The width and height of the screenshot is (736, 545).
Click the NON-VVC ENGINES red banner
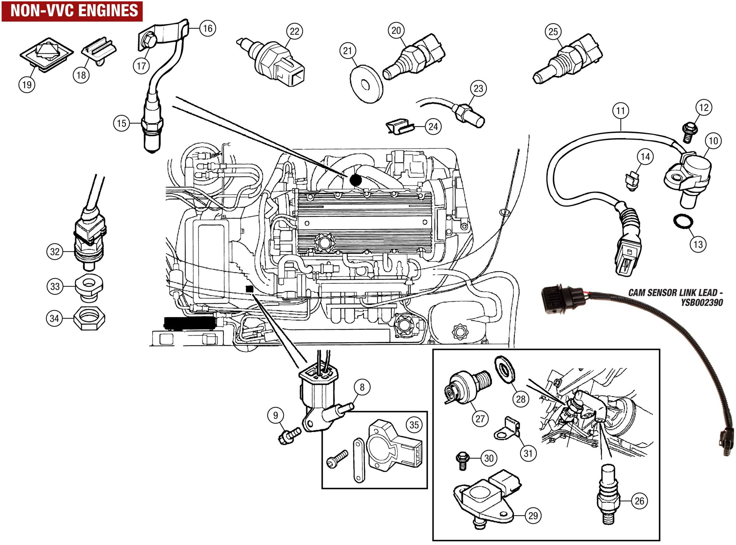click(x=72, y=11)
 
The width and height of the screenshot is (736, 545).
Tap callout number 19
click(x=27, y=85)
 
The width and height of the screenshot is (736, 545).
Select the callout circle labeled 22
click(x=294, y=31)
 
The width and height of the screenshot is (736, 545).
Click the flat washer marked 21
click(x=365, y=85)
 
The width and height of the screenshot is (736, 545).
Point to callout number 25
click(x=553, y=32)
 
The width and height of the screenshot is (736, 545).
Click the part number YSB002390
click(x=702, y=302)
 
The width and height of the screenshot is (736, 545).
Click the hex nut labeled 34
click(x=89, y=319)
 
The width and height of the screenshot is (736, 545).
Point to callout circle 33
click(x=55, y=286)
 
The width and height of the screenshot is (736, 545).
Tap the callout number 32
click(x=55, y=252)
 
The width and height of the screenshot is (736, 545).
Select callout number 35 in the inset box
click(x=414, y=425)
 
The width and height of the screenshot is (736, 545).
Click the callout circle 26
click(x=640, y=501)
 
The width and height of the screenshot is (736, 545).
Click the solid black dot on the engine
click(x=355, y=180)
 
